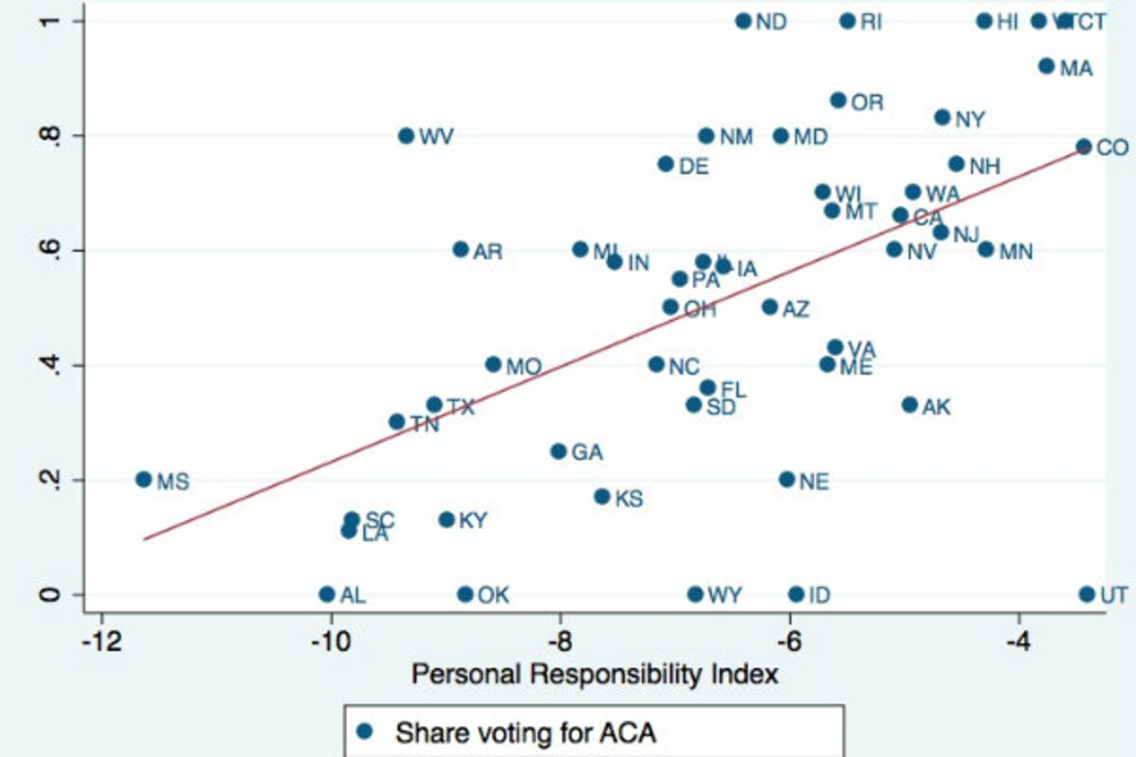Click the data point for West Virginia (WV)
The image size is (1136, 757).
[x=406, y=135]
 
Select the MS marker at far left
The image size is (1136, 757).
[x=144, y=480]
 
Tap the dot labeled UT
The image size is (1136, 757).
[x=1087, y=594]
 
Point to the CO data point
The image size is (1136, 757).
[x=1084, y=147]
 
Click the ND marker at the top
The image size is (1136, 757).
[x=743, y=21]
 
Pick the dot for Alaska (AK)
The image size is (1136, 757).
[x=910, y=405]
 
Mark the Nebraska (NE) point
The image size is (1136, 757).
[x=787, y=480]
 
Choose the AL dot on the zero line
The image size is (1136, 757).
[x=327, y=594]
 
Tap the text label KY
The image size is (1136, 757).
[x=472, y=520]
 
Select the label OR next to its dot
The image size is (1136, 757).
[x=867, y=102]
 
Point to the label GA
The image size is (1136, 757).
[x=587, y=453]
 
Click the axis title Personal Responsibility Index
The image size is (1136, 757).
[x=594, y=675]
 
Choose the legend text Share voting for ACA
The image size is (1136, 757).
[x=525, y=731]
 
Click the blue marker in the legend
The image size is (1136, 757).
[x=364, y=731]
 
